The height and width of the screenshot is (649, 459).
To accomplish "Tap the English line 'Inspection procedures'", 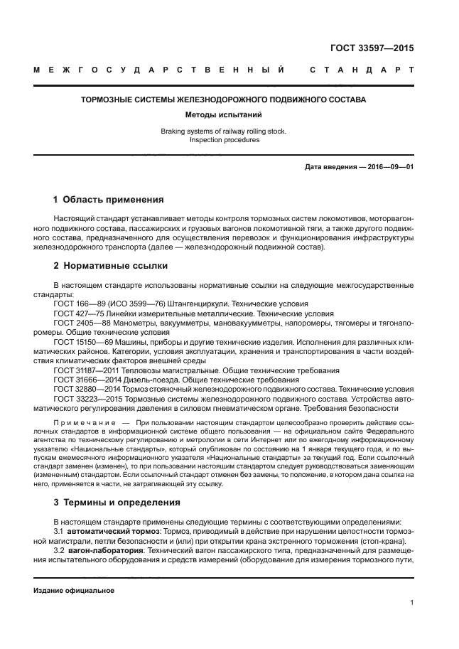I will pos(225,140).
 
